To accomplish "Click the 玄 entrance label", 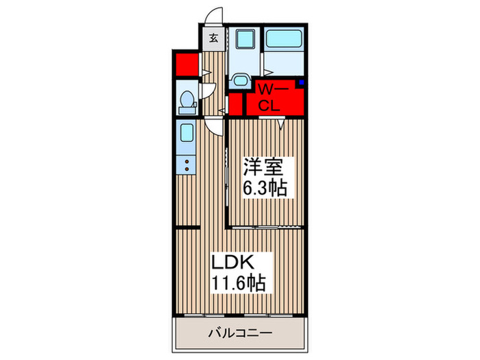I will pos(213,38).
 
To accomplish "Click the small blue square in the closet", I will pos(300,84).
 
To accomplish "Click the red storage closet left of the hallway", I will pos(183,64).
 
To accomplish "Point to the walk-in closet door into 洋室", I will pos(281,122).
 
